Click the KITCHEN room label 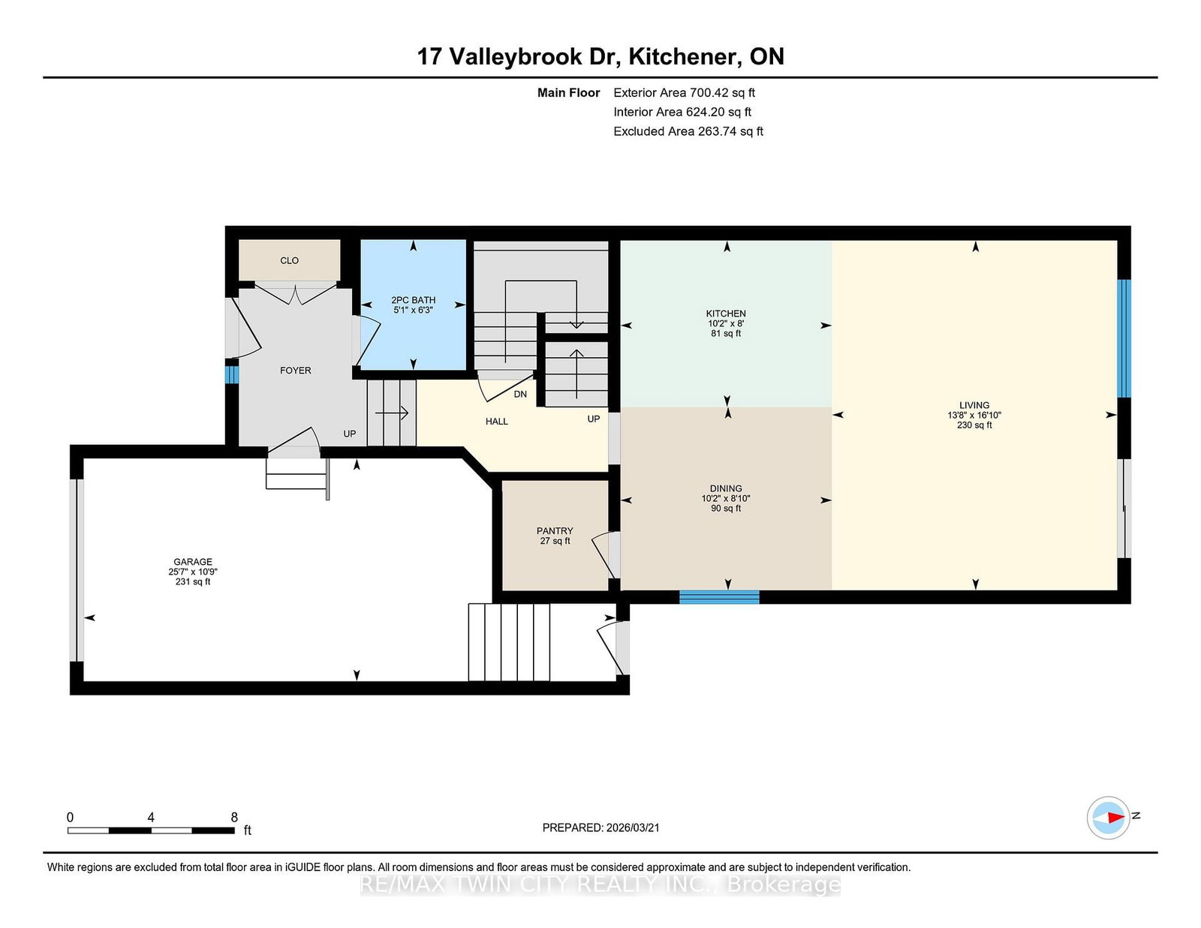tap(725, 314)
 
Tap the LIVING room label tap(974, 405)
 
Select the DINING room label tap(725, 488)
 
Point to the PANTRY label tap(555, 531)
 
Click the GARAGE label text tap(193, 562)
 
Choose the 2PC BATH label tap(413, 300)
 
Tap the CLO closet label tap(289, 260)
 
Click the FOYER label tap(295, 371)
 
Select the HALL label tap(496, 422)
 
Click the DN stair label tap(520, 395)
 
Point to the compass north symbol tap(1109, 817)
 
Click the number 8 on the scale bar tap(234, 818)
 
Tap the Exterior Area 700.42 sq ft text tap(684, 93)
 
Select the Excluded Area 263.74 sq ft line tap(688, 131)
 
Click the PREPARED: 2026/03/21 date tap(600, 827)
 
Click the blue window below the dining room tap(719, 597)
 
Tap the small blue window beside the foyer tap(232, 374)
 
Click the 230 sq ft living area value tap(974, 425)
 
